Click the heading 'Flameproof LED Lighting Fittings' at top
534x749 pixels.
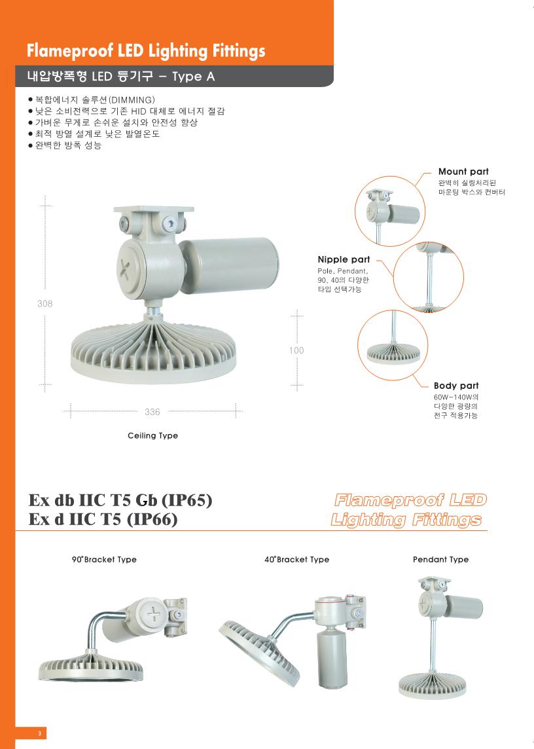146,51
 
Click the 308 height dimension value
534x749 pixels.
45,304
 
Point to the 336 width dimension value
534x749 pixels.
152,412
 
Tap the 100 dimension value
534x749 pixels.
296,351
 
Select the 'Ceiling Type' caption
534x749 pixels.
153,435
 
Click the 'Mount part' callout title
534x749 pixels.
463,172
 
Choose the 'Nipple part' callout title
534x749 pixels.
344,260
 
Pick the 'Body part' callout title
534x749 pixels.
456,386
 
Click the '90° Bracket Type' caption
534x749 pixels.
104,559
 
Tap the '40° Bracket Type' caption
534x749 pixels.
296,559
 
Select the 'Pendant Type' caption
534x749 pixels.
441,559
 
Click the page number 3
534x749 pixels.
40,733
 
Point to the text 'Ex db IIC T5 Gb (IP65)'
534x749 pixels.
120,500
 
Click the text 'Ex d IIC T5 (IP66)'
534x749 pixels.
103,519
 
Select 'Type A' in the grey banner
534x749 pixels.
194,77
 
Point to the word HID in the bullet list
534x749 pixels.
139,111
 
